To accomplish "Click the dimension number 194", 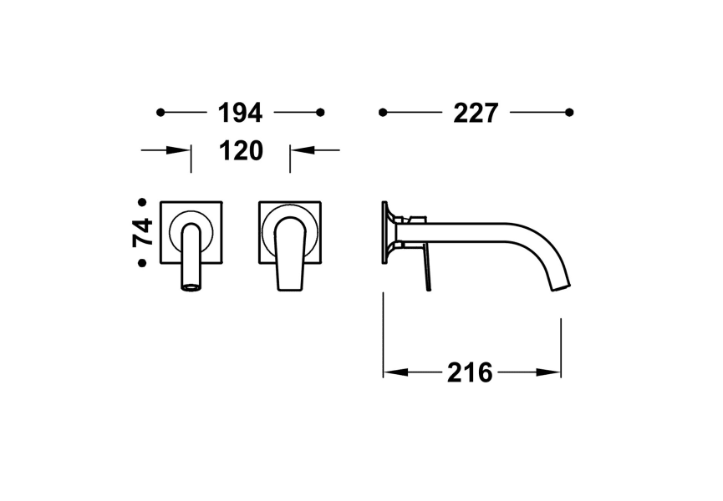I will (240, 112).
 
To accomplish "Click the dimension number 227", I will (476, 112).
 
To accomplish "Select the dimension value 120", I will (241, 151).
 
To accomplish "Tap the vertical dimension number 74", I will (143, 232).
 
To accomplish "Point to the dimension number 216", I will (470, 373).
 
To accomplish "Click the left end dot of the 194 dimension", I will (160, 112).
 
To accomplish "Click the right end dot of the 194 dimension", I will (320, 112).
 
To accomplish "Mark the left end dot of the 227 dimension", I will (383, 112).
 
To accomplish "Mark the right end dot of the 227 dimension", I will (569, 112).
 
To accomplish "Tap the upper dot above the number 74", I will (142, 202).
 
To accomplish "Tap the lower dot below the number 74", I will (142, 263).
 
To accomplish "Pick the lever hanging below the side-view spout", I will (428, 271).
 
